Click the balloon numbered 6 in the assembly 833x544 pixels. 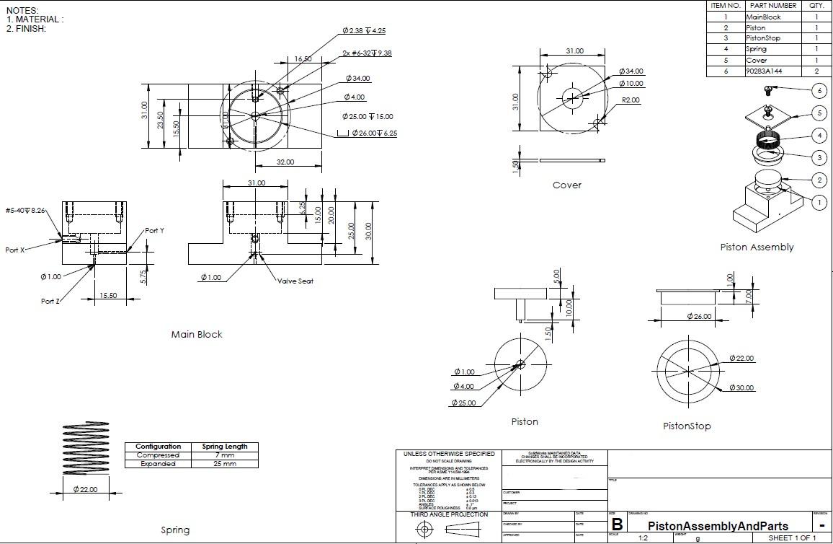[819, 91]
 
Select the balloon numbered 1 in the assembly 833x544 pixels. [819, 203]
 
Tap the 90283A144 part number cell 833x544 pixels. [763, 71]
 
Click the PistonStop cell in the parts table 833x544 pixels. [763, 38]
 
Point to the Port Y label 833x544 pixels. [154, 231]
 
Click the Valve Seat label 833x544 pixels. [295, 281]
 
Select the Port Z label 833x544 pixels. [50, 302]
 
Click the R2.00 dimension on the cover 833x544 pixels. [631, 100]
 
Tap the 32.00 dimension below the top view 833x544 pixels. [285, 162]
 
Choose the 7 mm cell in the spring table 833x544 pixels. [224, 455]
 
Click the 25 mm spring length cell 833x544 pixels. [224, 464]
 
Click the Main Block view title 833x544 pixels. [197, 334]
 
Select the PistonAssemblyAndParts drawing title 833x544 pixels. [718, 526]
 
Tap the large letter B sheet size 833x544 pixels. [618, 525]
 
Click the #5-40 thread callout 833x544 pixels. [25, 210]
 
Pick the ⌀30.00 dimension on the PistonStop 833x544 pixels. [741, 387]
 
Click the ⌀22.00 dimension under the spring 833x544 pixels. [85, 490]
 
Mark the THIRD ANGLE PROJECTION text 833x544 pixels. [448, 514]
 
